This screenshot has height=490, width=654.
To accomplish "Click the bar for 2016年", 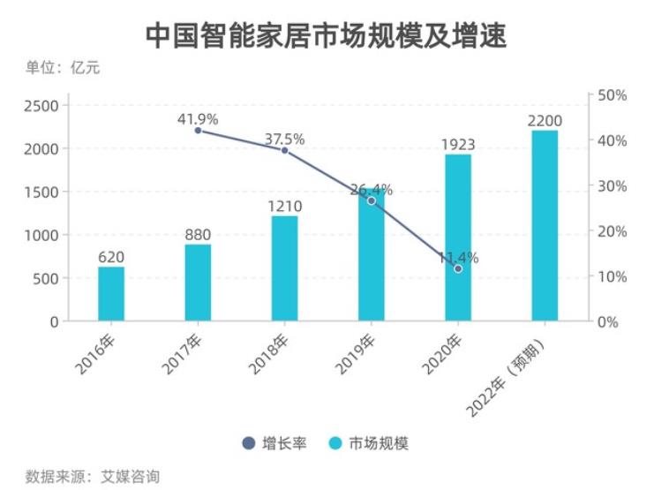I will coord(111,294).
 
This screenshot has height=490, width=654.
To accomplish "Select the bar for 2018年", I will coord(284,268).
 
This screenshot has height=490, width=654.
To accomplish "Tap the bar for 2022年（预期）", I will coord(545,226).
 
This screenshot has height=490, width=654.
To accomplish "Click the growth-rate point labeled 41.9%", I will coord(198,131).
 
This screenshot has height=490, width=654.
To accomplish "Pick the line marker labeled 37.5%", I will coord(284,151).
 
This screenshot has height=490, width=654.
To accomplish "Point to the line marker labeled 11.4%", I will coord(458,268).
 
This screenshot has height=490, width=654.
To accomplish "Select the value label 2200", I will coord(545,121).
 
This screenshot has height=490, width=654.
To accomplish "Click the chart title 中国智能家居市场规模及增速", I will coord(326,34).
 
